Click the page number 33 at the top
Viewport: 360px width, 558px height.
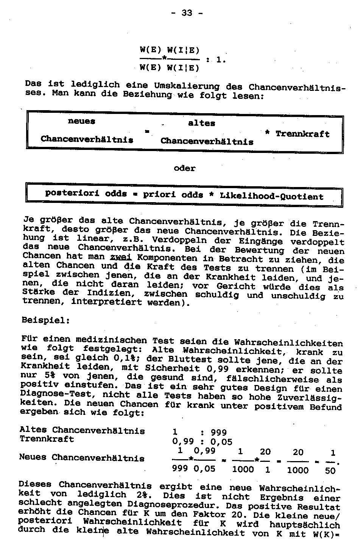point(187,13)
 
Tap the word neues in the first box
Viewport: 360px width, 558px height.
point(81,121)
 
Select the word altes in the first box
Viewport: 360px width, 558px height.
point(201,123)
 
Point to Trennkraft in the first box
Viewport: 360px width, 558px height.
point(302,134)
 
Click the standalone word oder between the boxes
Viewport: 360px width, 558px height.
point(184,168)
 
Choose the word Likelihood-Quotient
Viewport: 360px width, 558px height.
point(272,196)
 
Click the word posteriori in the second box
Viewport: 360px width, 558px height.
point(72,193)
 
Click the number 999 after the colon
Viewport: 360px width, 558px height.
point(219,432)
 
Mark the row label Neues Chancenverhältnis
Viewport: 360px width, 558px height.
point(82,458)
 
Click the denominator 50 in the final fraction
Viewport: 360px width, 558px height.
point(330,471)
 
